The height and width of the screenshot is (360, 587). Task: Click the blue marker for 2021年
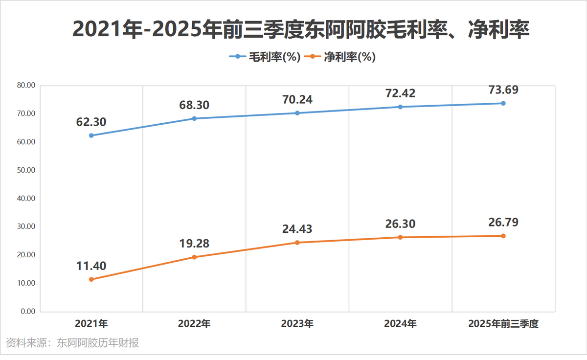(x=91, y=135)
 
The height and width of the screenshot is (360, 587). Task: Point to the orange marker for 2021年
(x=91, y=279)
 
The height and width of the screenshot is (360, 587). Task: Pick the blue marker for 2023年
(x=297, y=113)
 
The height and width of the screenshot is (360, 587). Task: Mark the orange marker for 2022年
(x=194, y=257)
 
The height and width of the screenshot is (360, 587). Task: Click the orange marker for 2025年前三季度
(x=503, y=236)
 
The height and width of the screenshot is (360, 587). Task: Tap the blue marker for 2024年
(x=400, y=107)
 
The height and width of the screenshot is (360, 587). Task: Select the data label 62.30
(x=91, y=122)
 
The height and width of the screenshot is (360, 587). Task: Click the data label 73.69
(x=503, y=90)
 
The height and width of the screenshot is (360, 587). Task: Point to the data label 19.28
(x=194, y=244)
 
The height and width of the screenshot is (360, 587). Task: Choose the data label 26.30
(x=400, y=224)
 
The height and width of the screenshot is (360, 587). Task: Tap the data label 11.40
(x=91, y=266)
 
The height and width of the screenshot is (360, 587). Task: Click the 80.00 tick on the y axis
(x=25, y=85)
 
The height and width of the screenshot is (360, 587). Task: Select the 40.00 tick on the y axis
(x=25, y=199)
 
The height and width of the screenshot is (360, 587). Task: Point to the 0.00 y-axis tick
(x=27, y=312)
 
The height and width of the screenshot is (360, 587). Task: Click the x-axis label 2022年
(x=194, y=324)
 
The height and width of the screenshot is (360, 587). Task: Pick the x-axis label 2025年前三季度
(x=503, y=324)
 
